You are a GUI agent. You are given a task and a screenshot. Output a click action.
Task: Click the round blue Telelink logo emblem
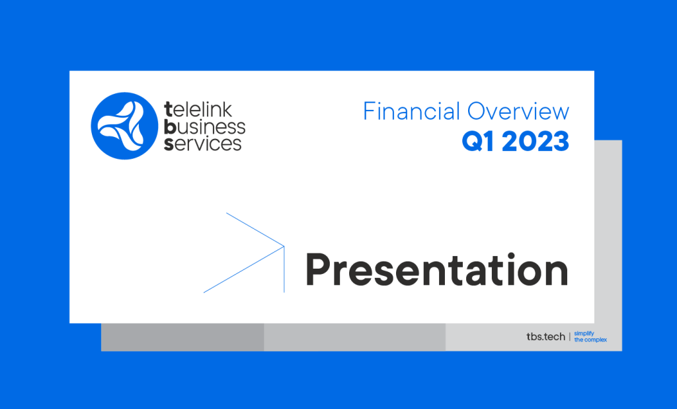pyautogui.click(x=124, y=126)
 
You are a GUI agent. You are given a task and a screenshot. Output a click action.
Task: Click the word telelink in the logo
pyautogui.click(x=198, y=109)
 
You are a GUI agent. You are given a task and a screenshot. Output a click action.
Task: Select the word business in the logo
pyautogui.click(x=205, y=126)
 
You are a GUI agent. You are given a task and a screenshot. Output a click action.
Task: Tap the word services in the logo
pyautogui.click(x=202, y=144)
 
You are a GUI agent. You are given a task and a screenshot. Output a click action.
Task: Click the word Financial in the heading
pyautogui.click(x=411, y=111)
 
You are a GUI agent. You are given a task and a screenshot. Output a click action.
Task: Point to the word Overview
pyautogui.click(x=518, y=111)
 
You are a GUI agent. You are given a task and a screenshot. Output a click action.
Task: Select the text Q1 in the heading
pyautogui.click(x=477, y=142)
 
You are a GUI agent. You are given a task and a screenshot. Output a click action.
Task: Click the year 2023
pyautogui.click(x=536, y=142)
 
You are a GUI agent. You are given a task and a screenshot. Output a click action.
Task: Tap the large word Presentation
pyautogui.click(x=436, y=270)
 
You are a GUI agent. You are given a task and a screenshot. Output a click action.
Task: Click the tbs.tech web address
pyautogui.click(x=545, y=336)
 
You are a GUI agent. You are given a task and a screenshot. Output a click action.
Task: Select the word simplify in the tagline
pyautogui.click(x=584, y=334)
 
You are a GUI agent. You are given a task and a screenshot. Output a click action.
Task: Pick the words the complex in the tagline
pyautogui.click(x=590, y=340)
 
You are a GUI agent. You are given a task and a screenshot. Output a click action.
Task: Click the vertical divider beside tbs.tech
pyautogui.click(x=569, y=336)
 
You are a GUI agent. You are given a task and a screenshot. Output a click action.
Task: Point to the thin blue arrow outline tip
pyautogui.click(x=284, y=246)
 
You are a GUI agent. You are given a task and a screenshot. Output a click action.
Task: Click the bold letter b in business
pyautogui.click(x=169, y=126)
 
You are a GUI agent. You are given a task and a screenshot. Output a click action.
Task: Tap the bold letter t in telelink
pyautogui.click(x=169, y=110)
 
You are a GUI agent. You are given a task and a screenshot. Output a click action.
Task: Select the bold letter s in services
pyautogui.click(x=169, y=144)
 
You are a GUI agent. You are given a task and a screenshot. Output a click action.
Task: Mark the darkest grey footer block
pyautogui.click(x=182, y=338)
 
